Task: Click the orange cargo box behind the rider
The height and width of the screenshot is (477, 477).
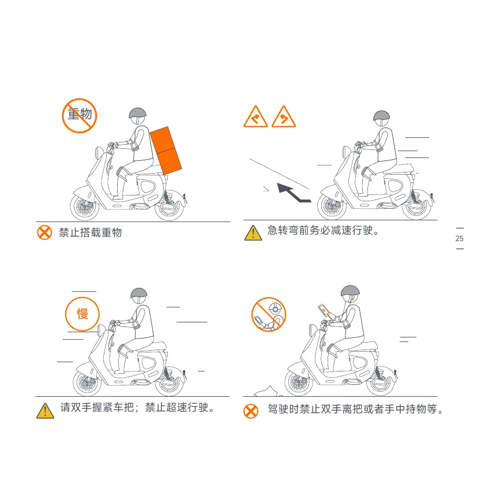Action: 166,151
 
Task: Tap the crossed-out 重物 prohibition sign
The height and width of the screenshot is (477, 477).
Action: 80,115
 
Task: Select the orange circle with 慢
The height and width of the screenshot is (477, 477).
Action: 82,314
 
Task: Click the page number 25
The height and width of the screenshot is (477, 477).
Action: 459,239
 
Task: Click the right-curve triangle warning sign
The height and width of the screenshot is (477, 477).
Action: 256,117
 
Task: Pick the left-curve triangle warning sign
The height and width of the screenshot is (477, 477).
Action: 284,117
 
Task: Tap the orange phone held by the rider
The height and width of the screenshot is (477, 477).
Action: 324,310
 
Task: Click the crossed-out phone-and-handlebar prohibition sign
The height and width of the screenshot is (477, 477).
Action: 269,314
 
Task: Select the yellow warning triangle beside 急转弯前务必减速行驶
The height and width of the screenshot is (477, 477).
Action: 253,233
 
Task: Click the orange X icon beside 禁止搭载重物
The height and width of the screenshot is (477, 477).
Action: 44,232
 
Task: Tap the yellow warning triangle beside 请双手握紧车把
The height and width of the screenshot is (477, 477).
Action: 46,411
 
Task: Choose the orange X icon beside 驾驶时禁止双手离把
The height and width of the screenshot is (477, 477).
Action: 251,411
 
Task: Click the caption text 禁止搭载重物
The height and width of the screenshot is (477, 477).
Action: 91,232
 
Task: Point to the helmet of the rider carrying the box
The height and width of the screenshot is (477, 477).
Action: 137,113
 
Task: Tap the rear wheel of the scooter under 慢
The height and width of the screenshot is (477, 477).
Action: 170,382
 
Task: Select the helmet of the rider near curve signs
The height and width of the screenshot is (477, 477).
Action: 381,116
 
